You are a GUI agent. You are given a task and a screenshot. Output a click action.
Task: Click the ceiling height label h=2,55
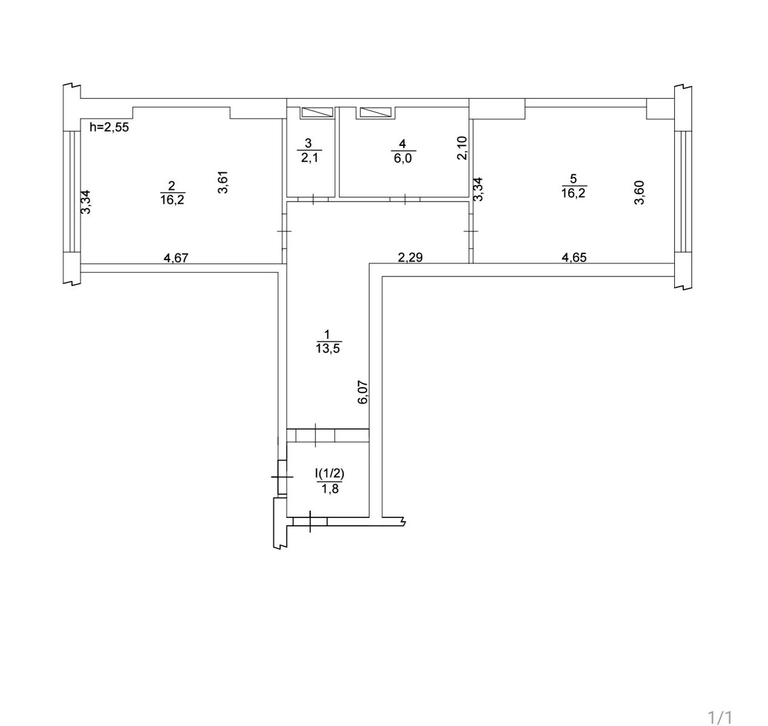click(x=109, y=127)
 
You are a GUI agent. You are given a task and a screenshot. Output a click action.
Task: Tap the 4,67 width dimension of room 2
click(x=176, y=258)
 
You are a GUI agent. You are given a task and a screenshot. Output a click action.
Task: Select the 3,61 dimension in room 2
click(x=223, y=182)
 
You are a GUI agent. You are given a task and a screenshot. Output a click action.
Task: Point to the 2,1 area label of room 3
click(x=309, y=158)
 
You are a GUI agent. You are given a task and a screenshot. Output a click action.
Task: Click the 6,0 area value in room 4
click(x=403, y=158)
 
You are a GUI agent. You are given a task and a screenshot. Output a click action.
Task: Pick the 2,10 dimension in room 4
click(x=462, y=148)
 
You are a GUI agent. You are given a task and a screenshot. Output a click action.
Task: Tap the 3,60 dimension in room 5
click(x=639, y=193)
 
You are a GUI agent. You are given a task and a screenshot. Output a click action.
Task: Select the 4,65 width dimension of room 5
click(x=574, y=258)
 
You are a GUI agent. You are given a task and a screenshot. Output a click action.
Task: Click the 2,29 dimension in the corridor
click(x=410, y=258)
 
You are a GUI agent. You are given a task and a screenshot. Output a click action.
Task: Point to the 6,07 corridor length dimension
click(x=363, y=392)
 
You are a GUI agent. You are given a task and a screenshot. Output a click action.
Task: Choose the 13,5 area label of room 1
click(x=328, y=348)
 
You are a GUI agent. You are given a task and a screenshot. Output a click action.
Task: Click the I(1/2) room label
click(x=329, y=474)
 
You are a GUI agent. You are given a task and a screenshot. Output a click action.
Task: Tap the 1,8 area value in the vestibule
click(x=330, y=489)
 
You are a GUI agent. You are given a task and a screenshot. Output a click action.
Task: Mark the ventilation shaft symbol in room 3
click(x=317, y=113)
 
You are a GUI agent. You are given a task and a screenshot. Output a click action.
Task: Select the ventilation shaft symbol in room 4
click(x=375, y=113)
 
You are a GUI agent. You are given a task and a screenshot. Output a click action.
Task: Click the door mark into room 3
click(x=313, y=199)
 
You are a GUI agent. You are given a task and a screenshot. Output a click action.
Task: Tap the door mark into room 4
click(x=405, y=199)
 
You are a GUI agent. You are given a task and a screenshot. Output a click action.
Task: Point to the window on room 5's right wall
click(x=683, y=191)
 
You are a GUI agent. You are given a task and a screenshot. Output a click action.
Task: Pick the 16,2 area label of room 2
click(x=172, y=200)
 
